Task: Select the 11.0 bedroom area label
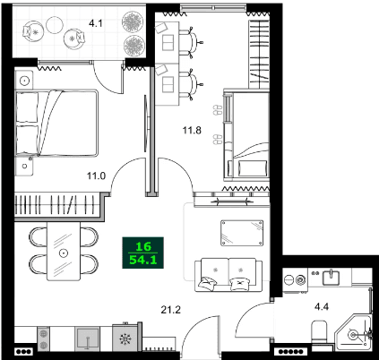[97, 177]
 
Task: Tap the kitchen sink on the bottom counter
[89, 338]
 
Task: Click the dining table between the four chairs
[63, 252]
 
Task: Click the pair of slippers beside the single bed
[216, 111]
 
